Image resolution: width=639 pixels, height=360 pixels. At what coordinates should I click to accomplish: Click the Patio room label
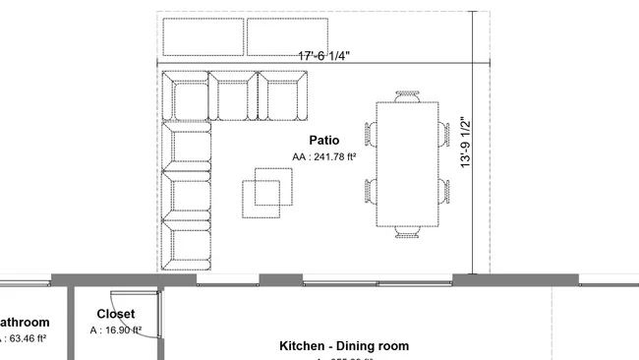(x=323, y=141)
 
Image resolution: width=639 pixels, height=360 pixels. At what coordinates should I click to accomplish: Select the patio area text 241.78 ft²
(x=323, y=157)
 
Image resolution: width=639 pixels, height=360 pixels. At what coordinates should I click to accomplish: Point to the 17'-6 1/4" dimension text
(x=323, y=57)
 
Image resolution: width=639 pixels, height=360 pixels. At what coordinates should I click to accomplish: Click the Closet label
(x=115, y=315)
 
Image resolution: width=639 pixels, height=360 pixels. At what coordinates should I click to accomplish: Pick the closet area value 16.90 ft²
(x=116, y=330)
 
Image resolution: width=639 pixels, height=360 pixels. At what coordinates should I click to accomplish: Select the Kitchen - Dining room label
(x=344, y=346)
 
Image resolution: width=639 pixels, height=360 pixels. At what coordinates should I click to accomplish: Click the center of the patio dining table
(x=407, y=164)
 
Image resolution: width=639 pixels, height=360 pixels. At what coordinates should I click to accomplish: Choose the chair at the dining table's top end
(x=407, y=96)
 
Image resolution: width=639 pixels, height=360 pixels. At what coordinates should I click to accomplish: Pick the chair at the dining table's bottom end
(x=407, y=232)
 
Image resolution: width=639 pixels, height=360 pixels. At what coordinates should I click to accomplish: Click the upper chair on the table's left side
(x=371, y=133)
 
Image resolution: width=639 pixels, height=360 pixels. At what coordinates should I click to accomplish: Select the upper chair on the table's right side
(x=443, y=133)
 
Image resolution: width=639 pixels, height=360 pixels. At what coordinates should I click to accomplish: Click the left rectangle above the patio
(x=202, y=36)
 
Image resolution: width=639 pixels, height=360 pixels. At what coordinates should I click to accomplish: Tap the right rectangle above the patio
(x=286, y=36)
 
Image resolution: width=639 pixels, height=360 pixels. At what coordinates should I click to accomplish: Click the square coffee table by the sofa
(x=268, y=192)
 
